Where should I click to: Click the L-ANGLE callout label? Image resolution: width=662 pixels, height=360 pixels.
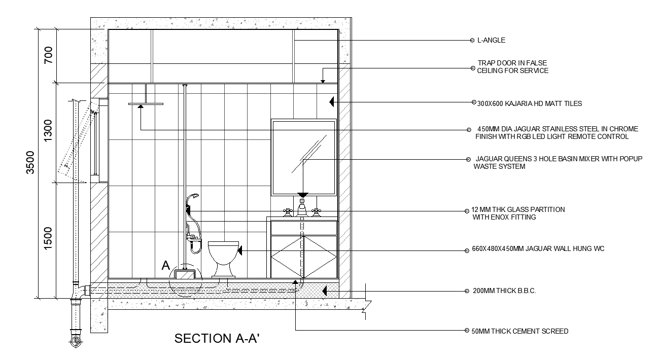pos(491,40)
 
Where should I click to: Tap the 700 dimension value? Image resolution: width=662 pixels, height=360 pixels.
pos(48,54)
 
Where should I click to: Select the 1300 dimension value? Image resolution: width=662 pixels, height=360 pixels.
pos(48,131)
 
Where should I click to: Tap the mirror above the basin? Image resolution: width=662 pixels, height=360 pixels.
pos(304,157)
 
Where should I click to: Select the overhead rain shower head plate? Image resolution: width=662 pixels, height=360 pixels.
pos(146,104)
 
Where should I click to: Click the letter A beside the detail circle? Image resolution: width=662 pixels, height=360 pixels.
pos(165,265)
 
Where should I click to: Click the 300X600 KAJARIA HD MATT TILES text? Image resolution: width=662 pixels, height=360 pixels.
pos(530,103)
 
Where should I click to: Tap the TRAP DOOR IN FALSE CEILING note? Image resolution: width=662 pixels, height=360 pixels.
pos(512,67)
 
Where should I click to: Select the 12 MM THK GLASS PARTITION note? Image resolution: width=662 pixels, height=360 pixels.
pos(517,213)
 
